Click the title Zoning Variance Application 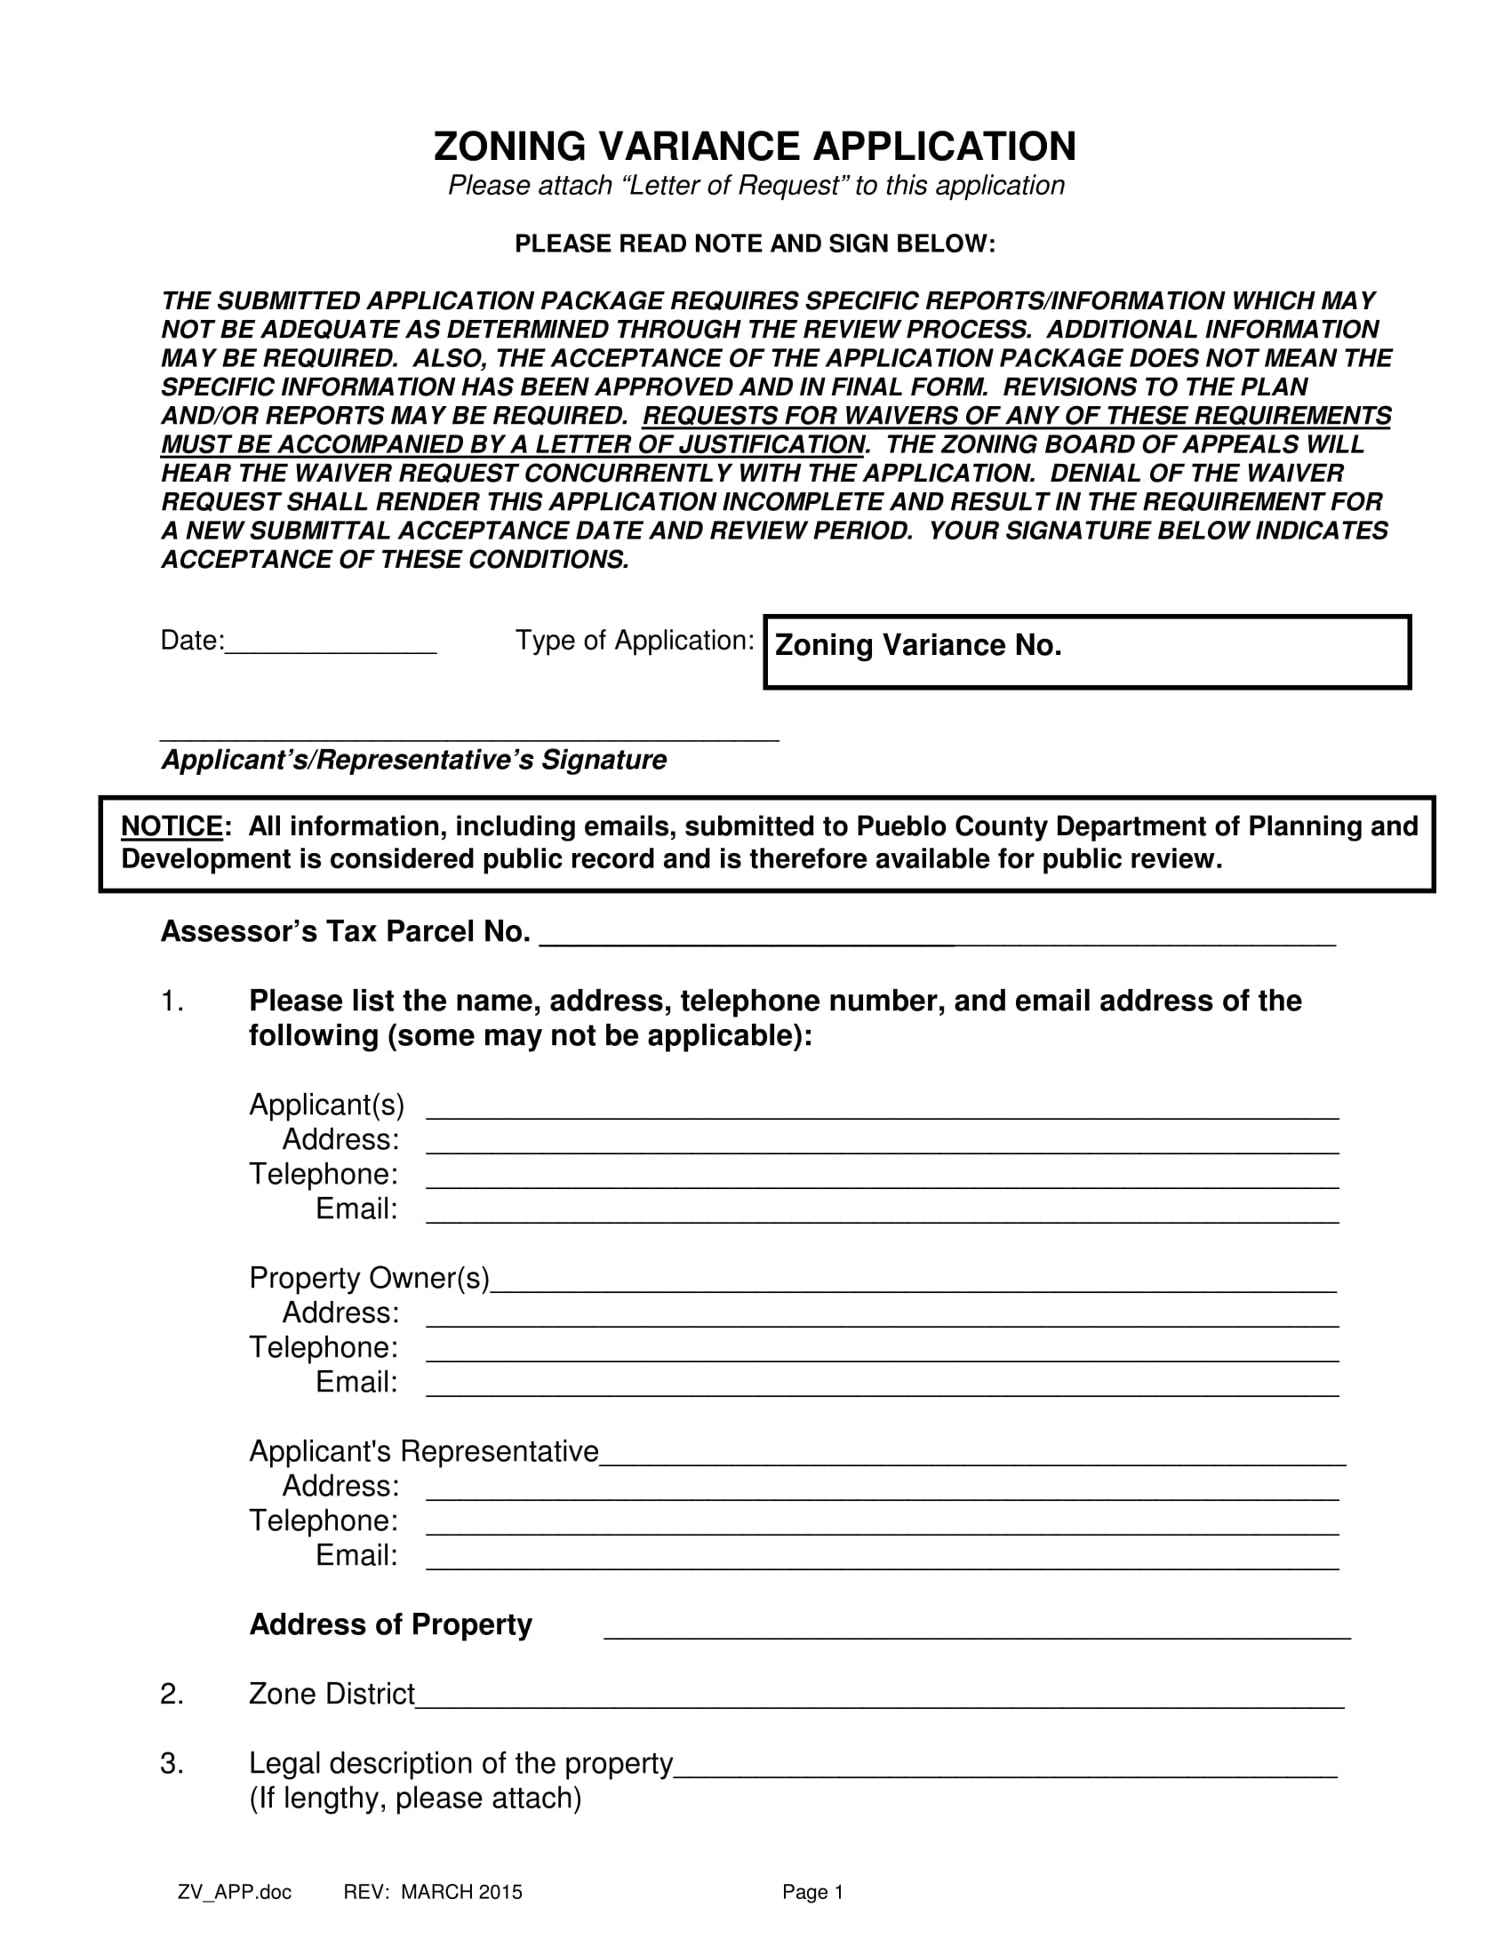[755, 147]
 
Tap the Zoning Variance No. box [1087, 651]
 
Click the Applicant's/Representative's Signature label [413, 760]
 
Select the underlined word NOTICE [172, 826]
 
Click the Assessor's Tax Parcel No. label [346, 932]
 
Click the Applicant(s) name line [882, 1110]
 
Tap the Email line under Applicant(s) [882, 1214]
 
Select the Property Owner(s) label [369, 1278]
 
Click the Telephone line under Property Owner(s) [882, 1353]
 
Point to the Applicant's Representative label [423, 1451]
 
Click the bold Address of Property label [390, 1624]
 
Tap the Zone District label [332, 1695]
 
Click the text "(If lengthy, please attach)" [415, 1799]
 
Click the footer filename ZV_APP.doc [235, 1892]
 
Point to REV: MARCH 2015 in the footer [432, 1892]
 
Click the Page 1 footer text [812, 1892]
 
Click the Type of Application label [634, 641]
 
